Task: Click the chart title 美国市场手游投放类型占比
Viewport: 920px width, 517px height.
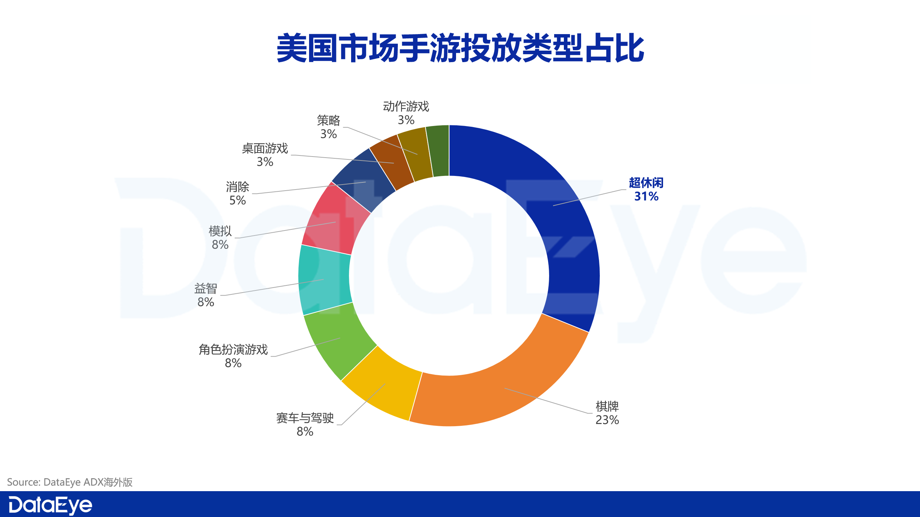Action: (x=460, y=48)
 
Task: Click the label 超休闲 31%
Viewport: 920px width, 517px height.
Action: (x=646, y=190)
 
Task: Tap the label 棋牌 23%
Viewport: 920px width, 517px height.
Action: (x=607, y=413)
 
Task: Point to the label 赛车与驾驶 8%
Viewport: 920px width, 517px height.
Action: (x=305, y=424)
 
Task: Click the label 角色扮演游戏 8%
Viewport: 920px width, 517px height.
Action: (x=233, y=356)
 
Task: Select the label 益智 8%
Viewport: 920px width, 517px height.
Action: (x=206, y=295)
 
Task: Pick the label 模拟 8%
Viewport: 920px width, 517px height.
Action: (x=220, y=238)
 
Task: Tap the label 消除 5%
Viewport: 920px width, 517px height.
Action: (x=237, y=194)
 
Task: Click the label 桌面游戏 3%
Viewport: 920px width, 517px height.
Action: (x=265, y=155)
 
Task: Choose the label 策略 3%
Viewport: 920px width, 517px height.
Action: (x=328, y=127)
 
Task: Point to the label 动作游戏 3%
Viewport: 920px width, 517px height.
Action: (x=406, y=113)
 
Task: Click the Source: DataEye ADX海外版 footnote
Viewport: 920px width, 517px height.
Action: (x=70, y=482)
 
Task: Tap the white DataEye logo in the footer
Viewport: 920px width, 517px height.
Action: (x=50, y=505)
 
